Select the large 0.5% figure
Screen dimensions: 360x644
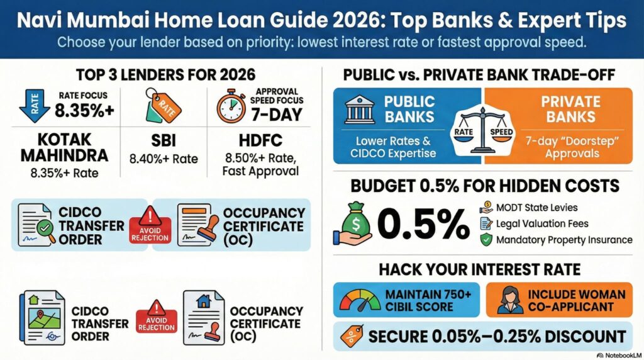point(423,222)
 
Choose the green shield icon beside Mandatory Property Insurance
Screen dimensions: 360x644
point(486,240)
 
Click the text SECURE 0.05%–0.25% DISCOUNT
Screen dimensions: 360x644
point(496,335)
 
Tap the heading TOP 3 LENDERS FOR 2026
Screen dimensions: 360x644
point(165,74)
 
